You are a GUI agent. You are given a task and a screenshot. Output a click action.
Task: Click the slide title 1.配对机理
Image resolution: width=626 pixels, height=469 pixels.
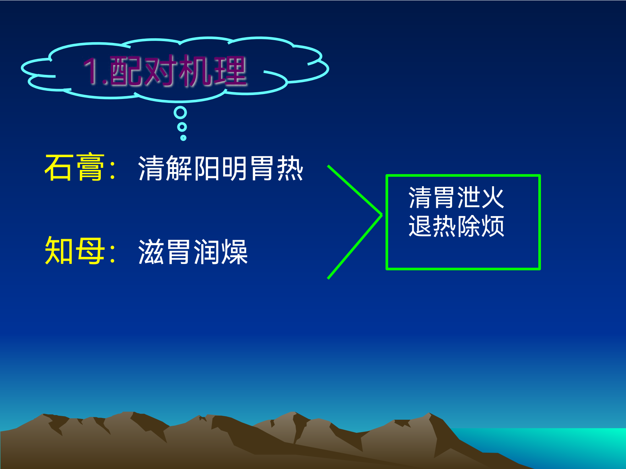pos(165,71)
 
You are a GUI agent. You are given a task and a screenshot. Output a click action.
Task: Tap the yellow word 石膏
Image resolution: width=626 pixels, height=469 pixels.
pos(75,167)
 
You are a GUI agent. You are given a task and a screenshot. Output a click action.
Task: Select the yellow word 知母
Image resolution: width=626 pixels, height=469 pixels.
pos(75,251)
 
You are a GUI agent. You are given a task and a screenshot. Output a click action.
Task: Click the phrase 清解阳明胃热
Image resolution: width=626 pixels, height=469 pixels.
pos(220,168)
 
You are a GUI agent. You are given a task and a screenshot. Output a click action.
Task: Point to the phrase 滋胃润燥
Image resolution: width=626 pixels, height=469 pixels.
pos(193,252)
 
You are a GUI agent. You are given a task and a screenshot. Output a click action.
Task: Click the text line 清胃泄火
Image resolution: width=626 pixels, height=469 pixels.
pos(456,198)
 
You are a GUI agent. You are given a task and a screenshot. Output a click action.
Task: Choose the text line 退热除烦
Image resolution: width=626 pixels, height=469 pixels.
pos(456,226)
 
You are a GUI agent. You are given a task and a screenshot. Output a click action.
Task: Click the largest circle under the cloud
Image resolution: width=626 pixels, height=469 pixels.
pos(180,113)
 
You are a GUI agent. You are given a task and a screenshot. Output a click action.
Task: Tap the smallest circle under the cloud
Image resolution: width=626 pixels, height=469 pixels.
pos(183,138)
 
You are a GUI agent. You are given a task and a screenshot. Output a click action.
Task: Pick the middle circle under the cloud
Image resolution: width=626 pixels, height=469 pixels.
pos(182,127)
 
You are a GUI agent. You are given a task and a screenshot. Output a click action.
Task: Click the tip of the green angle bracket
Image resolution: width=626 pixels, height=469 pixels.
pos(382,215)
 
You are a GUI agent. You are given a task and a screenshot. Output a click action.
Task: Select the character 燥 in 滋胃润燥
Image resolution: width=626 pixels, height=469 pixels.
pos(235,252)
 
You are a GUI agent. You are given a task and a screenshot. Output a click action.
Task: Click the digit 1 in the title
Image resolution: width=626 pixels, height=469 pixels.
pos(92,71)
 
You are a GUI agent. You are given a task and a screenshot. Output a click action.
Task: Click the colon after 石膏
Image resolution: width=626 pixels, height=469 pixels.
pos(113,170)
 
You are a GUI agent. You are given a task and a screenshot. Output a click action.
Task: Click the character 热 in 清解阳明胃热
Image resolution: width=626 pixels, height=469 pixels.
pos(290,168)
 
